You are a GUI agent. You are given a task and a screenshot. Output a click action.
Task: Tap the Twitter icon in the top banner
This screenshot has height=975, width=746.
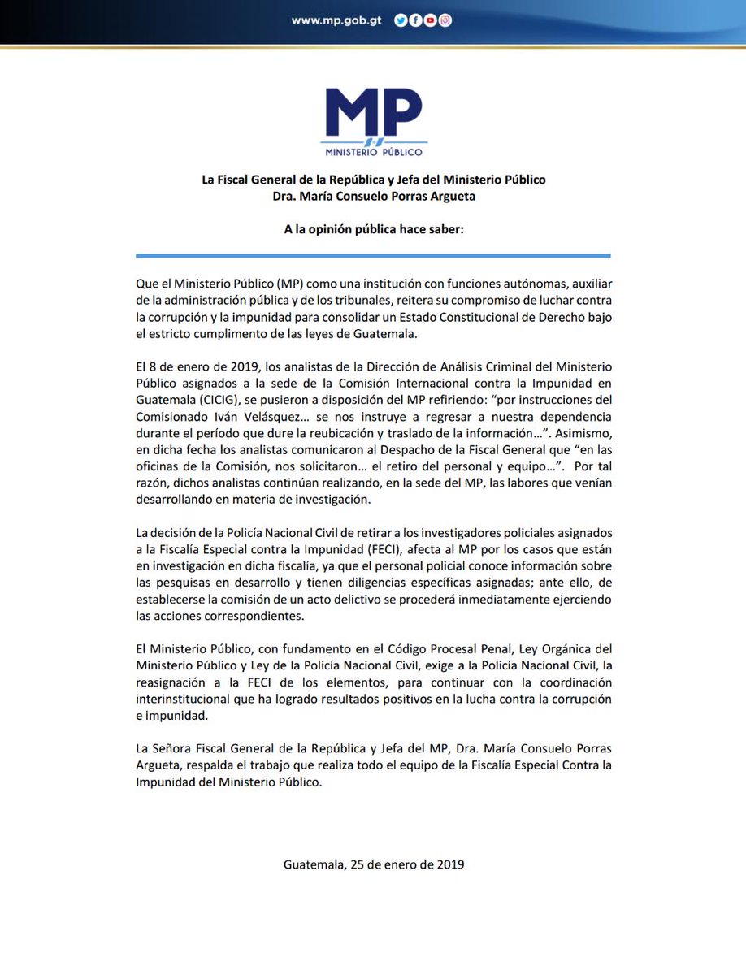401,22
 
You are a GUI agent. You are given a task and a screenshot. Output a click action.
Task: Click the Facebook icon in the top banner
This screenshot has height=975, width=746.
415,22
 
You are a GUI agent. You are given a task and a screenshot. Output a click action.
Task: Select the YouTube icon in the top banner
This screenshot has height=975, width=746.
430,22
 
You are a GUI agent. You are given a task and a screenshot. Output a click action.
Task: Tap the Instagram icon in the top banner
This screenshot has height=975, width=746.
445,22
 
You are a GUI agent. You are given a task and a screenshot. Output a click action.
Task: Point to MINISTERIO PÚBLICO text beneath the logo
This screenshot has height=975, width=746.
373,151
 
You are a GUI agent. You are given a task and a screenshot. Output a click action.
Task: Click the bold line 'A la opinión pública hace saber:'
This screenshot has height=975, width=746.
373,229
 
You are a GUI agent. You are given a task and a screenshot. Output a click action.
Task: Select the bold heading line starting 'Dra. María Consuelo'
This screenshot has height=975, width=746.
373,196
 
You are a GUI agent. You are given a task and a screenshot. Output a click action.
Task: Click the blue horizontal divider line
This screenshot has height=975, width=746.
373,256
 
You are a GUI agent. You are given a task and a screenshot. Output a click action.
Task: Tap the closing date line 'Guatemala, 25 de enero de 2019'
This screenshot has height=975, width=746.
373,864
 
